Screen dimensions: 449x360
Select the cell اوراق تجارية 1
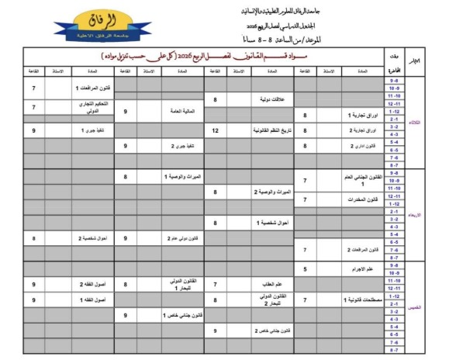tap(357, 114)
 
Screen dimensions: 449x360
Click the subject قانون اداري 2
tap(357, 146)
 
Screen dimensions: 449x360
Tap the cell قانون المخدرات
tap(357, 199)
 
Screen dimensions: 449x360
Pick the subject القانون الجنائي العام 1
tap(357, 179)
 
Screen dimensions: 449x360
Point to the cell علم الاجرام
tap(357, 269)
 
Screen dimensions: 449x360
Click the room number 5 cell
tap(305, 269)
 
